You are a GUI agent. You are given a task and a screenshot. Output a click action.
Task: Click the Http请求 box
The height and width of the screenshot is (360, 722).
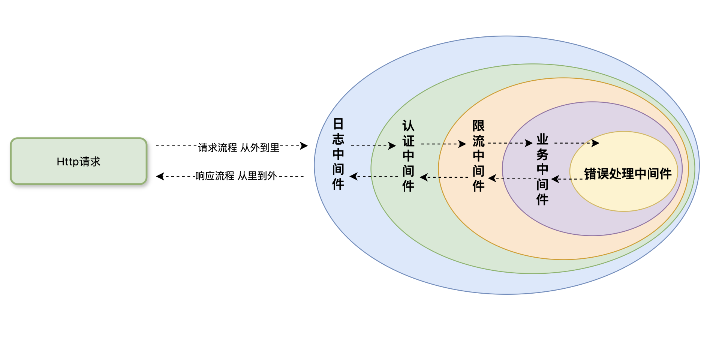pos(78,161)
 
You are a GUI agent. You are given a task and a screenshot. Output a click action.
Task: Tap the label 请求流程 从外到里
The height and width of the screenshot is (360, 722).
pos(239,147)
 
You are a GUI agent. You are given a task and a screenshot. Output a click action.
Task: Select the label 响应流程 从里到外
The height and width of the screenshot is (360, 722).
pos(236,175)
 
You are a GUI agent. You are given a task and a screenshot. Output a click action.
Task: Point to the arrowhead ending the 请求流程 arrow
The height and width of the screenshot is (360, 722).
pos(304,146)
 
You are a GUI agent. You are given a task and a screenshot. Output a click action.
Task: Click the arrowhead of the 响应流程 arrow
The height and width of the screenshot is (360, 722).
pos(160,176)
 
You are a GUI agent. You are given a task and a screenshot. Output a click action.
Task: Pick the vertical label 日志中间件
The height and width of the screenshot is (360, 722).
pos(338,154)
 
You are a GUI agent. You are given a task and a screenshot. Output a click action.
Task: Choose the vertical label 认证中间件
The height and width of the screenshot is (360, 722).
pos(408,156)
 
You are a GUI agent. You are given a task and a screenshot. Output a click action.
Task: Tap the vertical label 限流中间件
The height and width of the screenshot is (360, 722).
pos(478,156)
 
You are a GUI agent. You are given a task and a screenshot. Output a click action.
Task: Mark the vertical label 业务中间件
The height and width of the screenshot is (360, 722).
pos(542,169)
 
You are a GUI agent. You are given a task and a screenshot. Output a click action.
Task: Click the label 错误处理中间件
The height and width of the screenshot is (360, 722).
pos(628,174)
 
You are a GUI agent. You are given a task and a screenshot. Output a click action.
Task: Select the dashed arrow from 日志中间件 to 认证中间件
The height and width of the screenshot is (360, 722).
pos(373,146)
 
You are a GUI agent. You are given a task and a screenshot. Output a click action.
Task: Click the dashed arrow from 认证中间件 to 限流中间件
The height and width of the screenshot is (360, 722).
pos(443,144)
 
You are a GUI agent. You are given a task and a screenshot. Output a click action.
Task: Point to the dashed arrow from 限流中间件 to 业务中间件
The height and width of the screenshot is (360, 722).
pos(510,143)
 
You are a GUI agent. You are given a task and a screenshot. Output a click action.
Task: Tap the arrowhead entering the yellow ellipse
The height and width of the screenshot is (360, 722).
pos(596,143)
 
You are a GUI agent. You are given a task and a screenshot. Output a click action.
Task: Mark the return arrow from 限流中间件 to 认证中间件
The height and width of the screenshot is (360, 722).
pos(444,177)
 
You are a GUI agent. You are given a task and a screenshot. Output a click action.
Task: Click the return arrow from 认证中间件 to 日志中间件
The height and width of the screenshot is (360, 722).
pos(374,176)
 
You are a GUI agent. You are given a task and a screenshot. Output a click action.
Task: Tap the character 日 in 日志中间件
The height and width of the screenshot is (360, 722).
pos(338,124)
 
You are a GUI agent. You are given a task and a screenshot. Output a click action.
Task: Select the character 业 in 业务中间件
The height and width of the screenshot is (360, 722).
pos(542,139)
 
